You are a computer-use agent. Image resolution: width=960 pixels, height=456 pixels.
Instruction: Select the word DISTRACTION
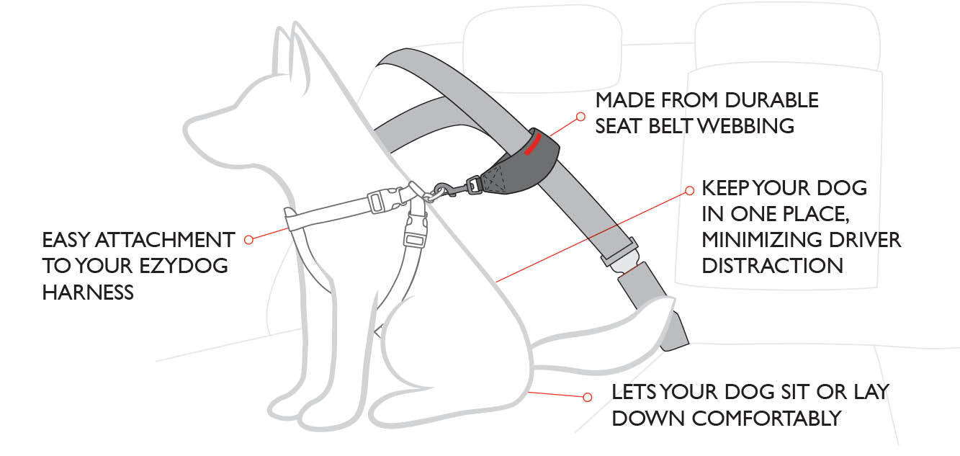coord(772,265)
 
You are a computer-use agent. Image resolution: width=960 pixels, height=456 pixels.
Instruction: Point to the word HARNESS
coord(88,292)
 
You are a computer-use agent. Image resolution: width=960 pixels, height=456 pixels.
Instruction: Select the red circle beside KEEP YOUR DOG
coord(688,191)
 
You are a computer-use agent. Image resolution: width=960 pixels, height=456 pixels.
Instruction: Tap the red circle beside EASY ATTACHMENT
coord(248,239)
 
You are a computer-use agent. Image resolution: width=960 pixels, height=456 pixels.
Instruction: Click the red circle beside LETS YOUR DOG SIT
coord(587,397)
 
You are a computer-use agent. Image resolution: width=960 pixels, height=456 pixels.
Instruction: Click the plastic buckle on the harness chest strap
coord(376,202)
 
